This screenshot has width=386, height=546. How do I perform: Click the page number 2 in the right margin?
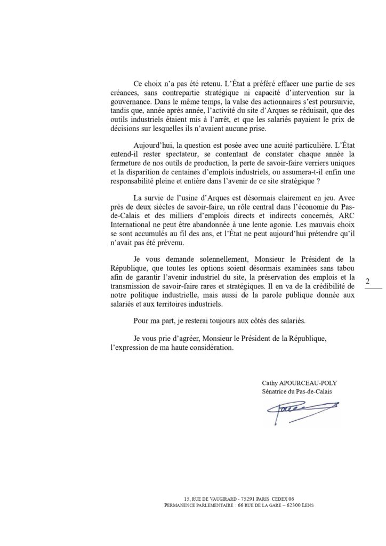pyautogui.click(x=368, y=280)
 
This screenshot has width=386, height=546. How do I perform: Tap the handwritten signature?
pyautogui.click(x=299, y=410)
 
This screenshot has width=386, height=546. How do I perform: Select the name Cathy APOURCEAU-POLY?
pyautogui.click(x=296, y=383)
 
